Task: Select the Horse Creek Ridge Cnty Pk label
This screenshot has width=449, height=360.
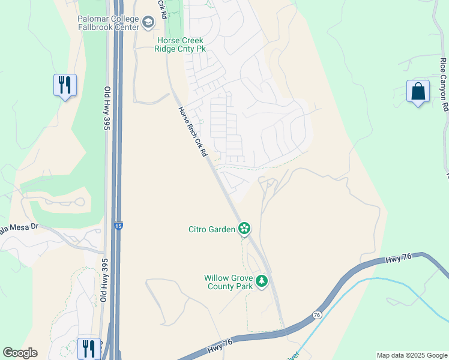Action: (181, 44)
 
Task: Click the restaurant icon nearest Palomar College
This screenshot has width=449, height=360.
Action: (65, 85)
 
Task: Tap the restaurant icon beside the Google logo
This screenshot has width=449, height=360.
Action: (88, 348)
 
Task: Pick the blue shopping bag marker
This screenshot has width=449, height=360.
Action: (418, 91)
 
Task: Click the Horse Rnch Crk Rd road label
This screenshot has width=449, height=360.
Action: (193, 133)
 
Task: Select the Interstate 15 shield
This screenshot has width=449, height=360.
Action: (118, 226)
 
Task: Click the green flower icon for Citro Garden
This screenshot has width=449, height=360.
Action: (244, 228)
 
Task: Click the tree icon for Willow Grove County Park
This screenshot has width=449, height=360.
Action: (261, 281)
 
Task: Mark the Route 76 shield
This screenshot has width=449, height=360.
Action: (316, 315)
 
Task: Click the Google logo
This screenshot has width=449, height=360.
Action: (20, 353)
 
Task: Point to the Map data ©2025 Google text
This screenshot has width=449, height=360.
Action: (412, 355)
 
